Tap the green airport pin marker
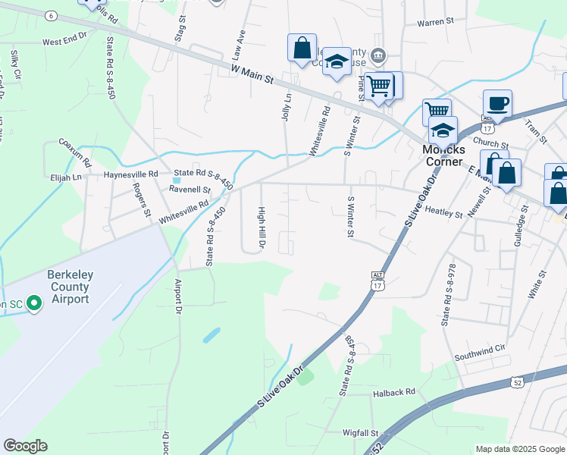point(33,304)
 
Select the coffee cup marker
point(497,104)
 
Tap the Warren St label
point(435,23)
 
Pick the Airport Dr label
point(179,296)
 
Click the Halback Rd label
point(394,392)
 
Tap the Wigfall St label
point(359,433)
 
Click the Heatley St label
point(443,214)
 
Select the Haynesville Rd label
point(130,174)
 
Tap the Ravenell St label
point(190,190)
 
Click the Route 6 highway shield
point(51,15)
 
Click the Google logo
point(25,446)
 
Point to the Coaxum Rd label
point(75,152)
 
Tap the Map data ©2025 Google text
point(519,449)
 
